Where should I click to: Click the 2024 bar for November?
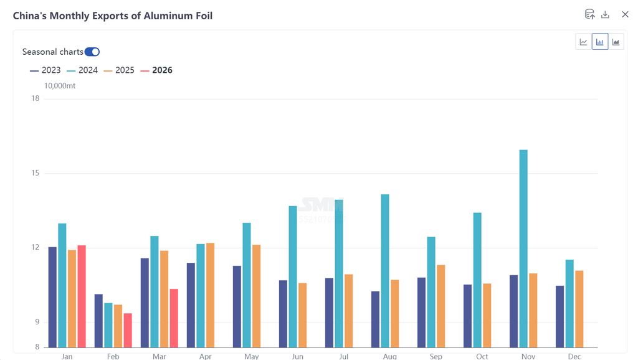[x=523, y=249]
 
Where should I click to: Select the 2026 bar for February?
[x=128, y=330]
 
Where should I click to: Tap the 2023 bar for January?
[x=52, y=297]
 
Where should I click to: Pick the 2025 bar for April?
[x=210, y=295]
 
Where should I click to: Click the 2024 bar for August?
[x=385, y=271]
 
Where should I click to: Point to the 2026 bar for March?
[x=174, y=318]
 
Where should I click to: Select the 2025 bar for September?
[x=440, y=306]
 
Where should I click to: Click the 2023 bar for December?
[x=559, y=316]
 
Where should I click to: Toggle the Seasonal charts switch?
[x=92, y=52]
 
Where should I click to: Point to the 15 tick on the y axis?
[x=35, y=173]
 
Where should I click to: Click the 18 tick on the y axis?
[x=35, y=98]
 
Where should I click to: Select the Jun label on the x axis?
[x=297, y=356]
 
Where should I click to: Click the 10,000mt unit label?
[x=60, y=86]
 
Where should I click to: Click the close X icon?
[x=625, y=14]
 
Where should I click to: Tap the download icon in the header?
[x=605, y=14]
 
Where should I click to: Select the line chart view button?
[x=584, y=42]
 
